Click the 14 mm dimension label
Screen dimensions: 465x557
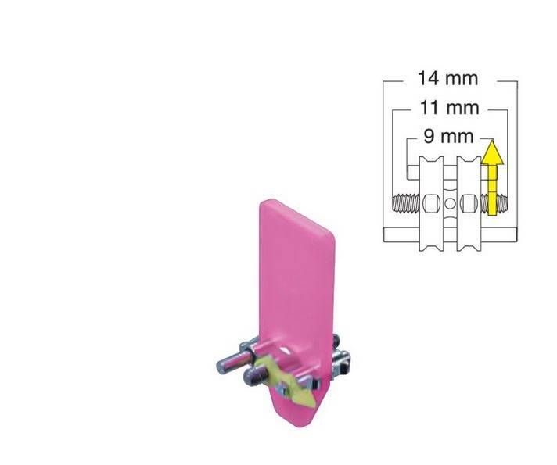(x=447, y=79)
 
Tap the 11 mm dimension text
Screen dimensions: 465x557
(x=448, y=109)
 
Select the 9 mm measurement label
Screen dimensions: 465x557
(x=448, y=137)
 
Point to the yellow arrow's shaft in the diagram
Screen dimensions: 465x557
(x=490, y=188)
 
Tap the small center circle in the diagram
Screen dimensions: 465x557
(x=449, y=205)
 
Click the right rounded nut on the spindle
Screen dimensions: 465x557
(x=467, y=205)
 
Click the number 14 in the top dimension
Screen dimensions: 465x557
(x=429, y=79)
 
